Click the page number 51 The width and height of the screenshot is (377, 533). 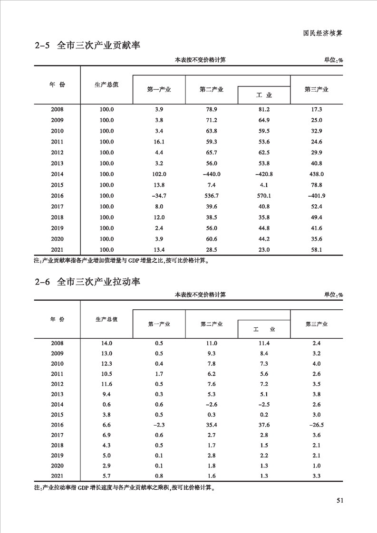tap(339, 500)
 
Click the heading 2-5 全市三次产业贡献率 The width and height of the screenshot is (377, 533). tap(88, 46)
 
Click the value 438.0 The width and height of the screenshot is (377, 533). tap(316, 174)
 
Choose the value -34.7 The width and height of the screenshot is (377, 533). tap(158, 196)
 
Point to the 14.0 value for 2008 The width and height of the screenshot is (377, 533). tap(106, 343)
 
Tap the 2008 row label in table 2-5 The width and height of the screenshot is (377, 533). tap(57, 109)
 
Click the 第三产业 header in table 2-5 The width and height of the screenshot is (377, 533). tap(316, 89)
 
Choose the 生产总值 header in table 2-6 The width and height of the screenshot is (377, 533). tap(106, 319)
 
